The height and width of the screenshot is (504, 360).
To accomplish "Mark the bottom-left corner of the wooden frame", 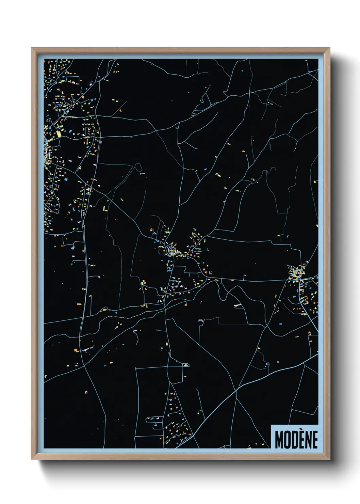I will tap(32, 459).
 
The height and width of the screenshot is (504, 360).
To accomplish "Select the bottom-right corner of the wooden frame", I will tap(329, 459).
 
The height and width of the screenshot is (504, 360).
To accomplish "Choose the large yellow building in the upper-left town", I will tap(59, 134).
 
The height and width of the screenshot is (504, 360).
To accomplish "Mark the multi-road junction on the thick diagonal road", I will tap(236, 391).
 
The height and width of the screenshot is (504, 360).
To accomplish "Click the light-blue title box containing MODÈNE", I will tap(294, 437).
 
